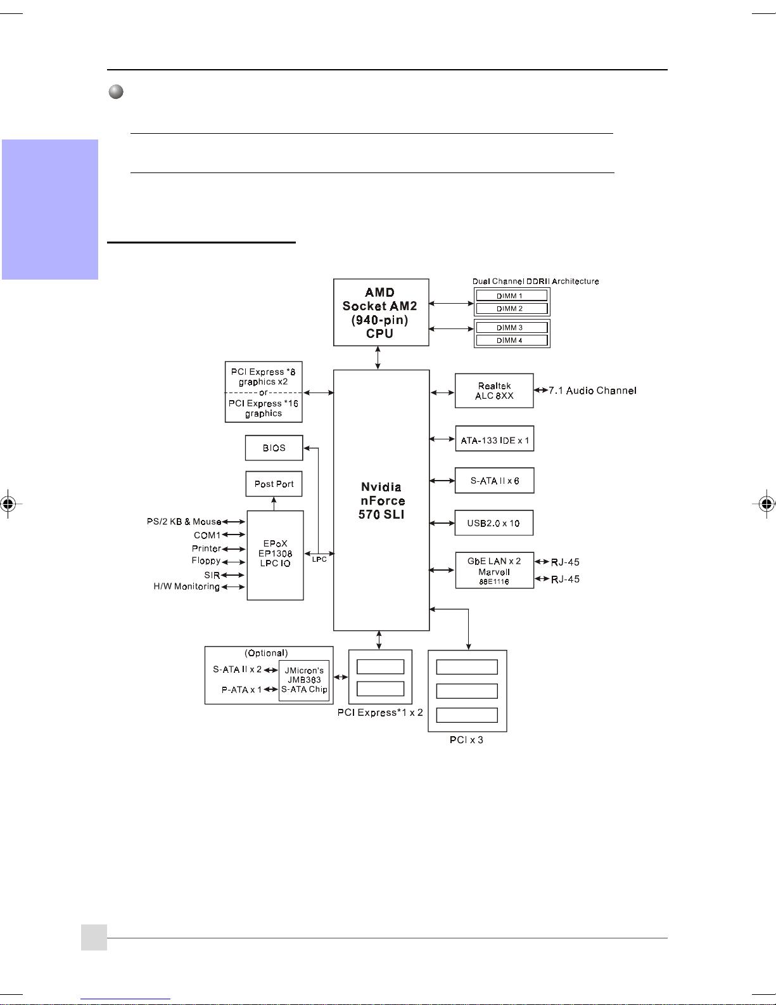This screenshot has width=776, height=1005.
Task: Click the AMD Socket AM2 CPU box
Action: tap(381, 312)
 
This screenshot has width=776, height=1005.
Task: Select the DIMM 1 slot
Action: tap(512, 295)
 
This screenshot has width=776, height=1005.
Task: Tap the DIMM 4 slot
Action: tap(512, 340)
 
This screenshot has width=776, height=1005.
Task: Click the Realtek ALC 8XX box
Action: tap(494, 391)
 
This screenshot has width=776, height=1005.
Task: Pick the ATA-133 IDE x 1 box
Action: tap(495, 438)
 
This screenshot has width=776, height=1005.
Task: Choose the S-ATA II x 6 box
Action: tap(494, 481)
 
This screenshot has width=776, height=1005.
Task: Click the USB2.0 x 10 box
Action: tap(493, 522)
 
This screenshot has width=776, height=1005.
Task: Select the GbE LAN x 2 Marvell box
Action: tap(495, 570)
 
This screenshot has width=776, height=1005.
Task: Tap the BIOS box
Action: tap(274, 448)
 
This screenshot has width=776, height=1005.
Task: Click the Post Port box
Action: tap(274, 484)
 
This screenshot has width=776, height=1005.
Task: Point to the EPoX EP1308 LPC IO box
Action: tap(276, 555)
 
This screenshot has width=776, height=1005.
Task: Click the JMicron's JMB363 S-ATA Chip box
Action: tap(304, 681)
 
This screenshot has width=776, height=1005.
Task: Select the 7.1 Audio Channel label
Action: tap(592, 391)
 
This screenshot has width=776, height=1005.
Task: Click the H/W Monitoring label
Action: tap(187, 587)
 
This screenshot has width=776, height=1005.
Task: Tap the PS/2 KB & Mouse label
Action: tap(184, 522)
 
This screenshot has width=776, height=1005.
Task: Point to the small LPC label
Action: tap(319, 559)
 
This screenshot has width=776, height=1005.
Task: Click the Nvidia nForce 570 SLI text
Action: tap(382, 501)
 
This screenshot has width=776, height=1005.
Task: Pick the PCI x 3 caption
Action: tap(466, 740)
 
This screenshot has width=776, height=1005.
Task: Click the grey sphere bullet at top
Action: tap(116, 91)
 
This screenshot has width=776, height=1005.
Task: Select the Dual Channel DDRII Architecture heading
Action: tap(535, 281)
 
